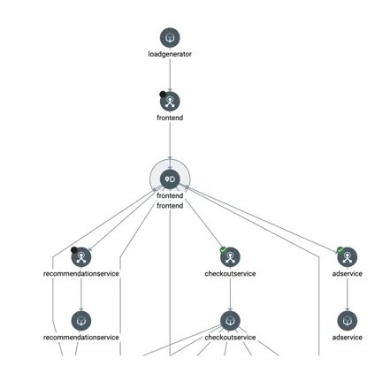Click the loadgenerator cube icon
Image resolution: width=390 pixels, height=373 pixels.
pos(170,37)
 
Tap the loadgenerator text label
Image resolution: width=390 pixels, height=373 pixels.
pos(170,54)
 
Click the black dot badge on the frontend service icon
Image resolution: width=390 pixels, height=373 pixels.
pos(163,95)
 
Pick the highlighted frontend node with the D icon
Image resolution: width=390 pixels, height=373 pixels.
pos(170,179)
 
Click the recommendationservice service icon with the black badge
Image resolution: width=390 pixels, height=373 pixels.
pos(81,257)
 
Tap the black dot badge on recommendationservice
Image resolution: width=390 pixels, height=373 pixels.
pos(74,250)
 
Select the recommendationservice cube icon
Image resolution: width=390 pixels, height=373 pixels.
pos(81,321)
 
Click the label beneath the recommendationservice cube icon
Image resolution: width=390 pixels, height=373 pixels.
pos(81,338)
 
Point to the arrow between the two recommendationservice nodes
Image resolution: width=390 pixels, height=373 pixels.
pos(81,294)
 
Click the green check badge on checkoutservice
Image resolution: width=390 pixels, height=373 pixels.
pos(223,250)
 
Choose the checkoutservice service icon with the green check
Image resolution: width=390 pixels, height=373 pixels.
pos(230,257)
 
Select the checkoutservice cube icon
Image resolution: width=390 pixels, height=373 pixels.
pos(230,321)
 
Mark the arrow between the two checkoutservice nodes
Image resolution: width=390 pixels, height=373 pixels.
pos(230,294)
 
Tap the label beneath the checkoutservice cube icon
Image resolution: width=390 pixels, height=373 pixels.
pos(230,338)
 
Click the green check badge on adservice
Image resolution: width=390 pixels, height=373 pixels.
pos(340,250)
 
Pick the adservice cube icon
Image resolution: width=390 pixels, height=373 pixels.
pos(348,321)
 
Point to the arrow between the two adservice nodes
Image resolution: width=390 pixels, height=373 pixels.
pos(348,294)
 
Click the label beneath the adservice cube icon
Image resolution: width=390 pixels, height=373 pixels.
pos(348,338)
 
